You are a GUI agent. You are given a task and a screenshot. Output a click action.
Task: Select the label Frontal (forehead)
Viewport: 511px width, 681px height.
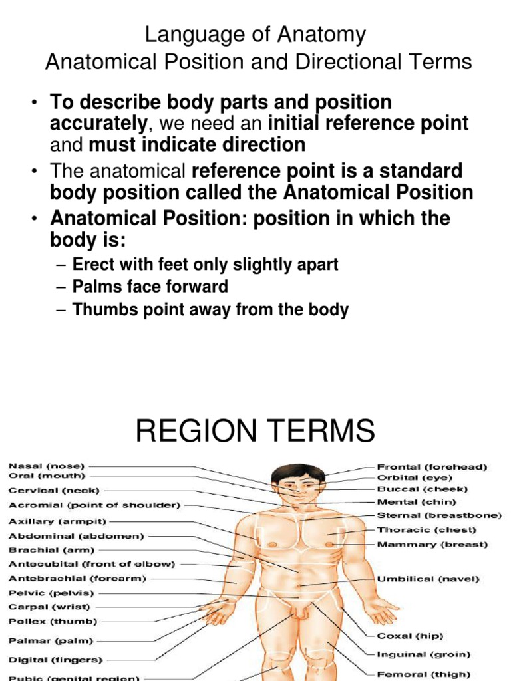pyautogui.click(x=432, y=467)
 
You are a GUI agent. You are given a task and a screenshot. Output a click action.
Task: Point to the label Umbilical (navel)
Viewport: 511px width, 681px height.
pyautogui.click(x=428, y=579)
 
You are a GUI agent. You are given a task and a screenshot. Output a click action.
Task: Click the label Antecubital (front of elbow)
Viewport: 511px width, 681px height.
pyautogui.click(x=91, y=564)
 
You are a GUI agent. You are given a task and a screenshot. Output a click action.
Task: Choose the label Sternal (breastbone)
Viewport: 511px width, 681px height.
pyautogui.click(x=439, y=515)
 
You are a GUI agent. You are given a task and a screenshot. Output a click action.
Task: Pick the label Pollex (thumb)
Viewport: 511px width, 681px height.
pyautogui.click(x=53, y=622)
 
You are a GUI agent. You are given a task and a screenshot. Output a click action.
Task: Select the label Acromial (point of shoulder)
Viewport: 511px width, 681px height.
pyautogui.click(x=94, y=505)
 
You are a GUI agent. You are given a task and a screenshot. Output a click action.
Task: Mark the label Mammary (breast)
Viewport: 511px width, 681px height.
pyautogui.click(x=432, y=545)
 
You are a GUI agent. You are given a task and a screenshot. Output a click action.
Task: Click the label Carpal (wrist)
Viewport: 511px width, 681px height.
pyautogui.click(x=49, y=607)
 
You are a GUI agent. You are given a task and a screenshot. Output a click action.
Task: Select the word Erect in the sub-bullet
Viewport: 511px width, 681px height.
pyautogui.click(x=92, y=265)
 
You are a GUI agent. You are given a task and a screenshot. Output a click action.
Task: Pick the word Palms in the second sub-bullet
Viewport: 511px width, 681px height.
pyautogui.click(x=94, y=287)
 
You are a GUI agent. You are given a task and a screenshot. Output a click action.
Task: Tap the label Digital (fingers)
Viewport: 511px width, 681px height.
pyautogui.click(x=55, y=660)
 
